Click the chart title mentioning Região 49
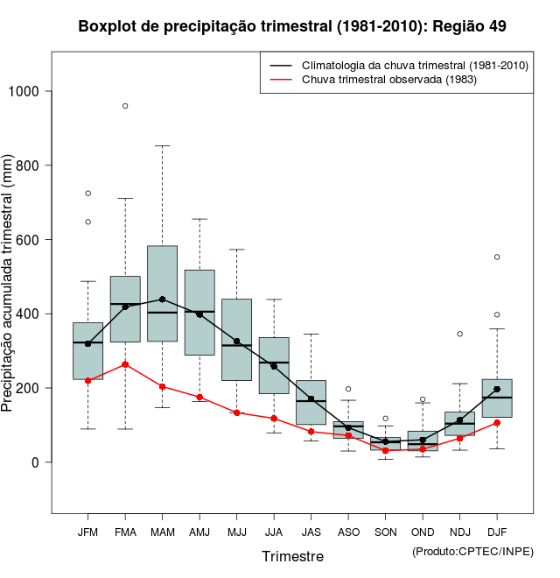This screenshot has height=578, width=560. point(292,26)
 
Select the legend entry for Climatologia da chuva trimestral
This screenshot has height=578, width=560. point(414,66)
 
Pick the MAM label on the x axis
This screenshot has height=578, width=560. point(163,532)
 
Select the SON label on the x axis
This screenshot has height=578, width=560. point(385,532)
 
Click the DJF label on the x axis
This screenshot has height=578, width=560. point(497,532)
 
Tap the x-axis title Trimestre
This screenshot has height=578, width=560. point(292,556)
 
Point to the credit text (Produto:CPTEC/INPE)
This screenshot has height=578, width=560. point(472,551)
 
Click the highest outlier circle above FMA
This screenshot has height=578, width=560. point(125,106)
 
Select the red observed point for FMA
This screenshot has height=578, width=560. point(125,364)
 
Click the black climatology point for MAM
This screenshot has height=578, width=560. point(163,299)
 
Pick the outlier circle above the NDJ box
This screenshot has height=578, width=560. point(459,334)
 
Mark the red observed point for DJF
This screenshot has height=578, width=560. point(497,422)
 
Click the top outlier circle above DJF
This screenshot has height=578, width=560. point(497,257)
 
